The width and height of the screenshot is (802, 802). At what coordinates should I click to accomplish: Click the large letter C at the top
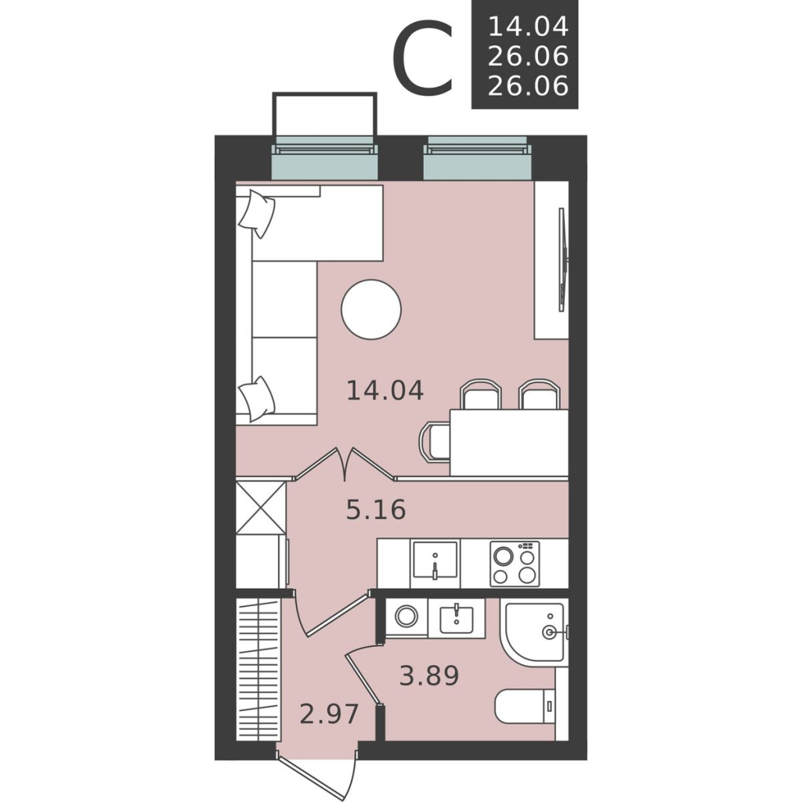[424, 57]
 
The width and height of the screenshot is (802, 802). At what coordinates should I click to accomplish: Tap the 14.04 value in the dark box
[529, 26]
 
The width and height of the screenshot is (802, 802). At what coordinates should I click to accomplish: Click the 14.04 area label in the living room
[385, 391]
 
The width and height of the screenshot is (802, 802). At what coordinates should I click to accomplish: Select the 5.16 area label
[376, 509]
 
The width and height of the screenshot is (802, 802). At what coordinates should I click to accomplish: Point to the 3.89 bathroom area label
[429, 675]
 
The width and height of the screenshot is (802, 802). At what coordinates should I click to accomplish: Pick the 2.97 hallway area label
[330, 714]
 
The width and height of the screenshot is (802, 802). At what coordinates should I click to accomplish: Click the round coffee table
[371, 309]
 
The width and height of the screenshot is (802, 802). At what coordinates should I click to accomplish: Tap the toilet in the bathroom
[526, 706]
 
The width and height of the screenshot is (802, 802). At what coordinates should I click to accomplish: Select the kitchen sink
[435, 563]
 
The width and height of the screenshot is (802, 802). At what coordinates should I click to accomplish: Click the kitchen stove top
[515, 563]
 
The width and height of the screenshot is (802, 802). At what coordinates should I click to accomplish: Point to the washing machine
[406, 617]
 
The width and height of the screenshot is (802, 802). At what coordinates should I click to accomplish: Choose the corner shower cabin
[534, 632]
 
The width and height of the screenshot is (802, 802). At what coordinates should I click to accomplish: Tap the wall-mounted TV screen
[562, 259]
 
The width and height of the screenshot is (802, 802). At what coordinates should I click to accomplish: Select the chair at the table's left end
[435, 441]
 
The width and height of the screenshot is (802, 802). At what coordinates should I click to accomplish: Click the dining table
[509, 443]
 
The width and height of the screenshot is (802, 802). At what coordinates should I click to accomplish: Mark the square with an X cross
[260, 508]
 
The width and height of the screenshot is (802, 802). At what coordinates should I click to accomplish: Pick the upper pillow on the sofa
[257, 213]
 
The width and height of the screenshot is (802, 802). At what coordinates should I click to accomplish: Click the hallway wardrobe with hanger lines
[258, 669]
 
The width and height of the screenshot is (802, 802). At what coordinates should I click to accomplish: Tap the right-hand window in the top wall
[478, 158]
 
